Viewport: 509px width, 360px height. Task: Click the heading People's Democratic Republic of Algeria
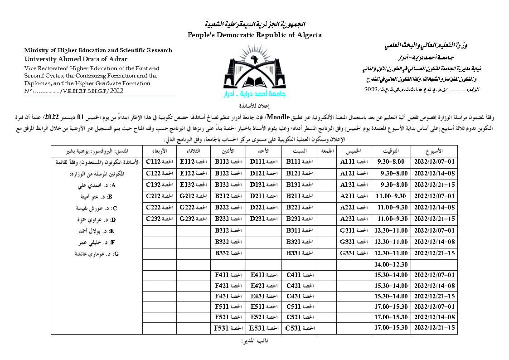[255, 35]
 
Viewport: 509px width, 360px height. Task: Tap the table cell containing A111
[353, 161]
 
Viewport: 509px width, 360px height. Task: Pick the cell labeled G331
[353, 252]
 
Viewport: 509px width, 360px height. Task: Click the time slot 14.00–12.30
[390, 263]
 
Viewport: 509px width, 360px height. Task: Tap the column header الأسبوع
[434, 150]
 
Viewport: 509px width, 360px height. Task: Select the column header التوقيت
[390, 150]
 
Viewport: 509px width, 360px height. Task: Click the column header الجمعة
[327, 150]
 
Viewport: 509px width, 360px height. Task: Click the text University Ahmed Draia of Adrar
[76, 59]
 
